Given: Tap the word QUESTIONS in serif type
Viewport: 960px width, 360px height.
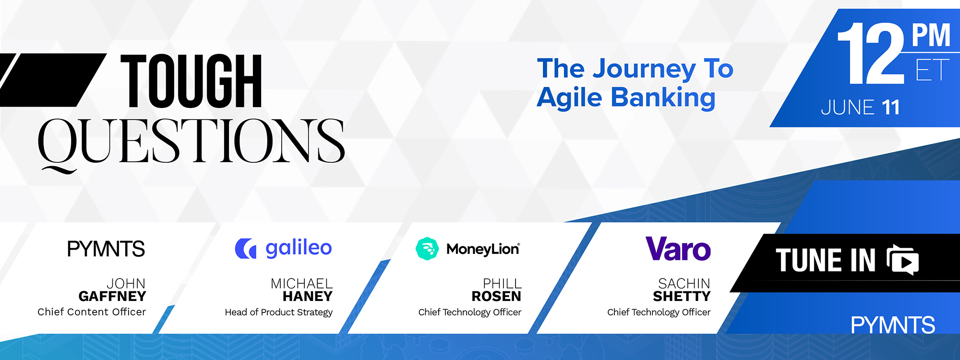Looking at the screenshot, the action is [191, 143].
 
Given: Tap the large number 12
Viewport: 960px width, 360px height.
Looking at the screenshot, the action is [871, 53].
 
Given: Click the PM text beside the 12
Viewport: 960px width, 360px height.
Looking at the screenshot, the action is [931, 35].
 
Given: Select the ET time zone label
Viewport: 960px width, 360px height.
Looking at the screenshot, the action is [932, 70].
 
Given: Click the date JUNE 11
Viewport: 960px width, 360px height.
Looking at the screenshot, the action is [860, 108].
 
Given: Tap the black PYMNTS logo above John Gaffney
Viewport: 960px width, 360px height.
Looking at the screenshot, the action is [106, 249].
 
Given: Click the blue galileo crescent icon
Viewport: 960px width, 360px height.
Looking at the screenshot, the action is [245, 248].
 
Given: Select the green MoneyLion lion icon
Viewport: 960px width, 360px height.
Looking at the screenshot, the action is [427, 249].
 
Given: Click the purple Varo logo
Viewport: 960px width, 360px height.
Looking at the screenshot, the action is [678, 249].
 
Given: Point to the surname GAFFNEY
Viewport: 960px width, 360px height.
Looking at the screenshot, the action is [112, 296].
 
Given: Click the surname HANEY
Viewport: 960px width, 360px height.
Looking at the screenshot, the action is [308, 296].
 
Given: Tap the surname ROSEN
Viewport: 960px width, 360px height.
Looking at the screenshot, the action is [496, 296].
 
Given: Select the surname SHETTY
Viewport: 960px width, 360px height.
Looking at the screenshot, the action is [682, 296].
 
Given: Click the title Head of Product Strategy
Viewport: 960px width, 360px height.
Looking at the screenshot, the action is [279, 312].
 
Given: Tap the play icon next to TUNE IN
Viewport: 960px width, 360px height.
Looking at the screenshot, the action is [903, 260].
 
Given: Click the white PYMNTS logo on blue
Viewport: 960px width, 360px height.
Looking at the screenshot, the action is [893, 325].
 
